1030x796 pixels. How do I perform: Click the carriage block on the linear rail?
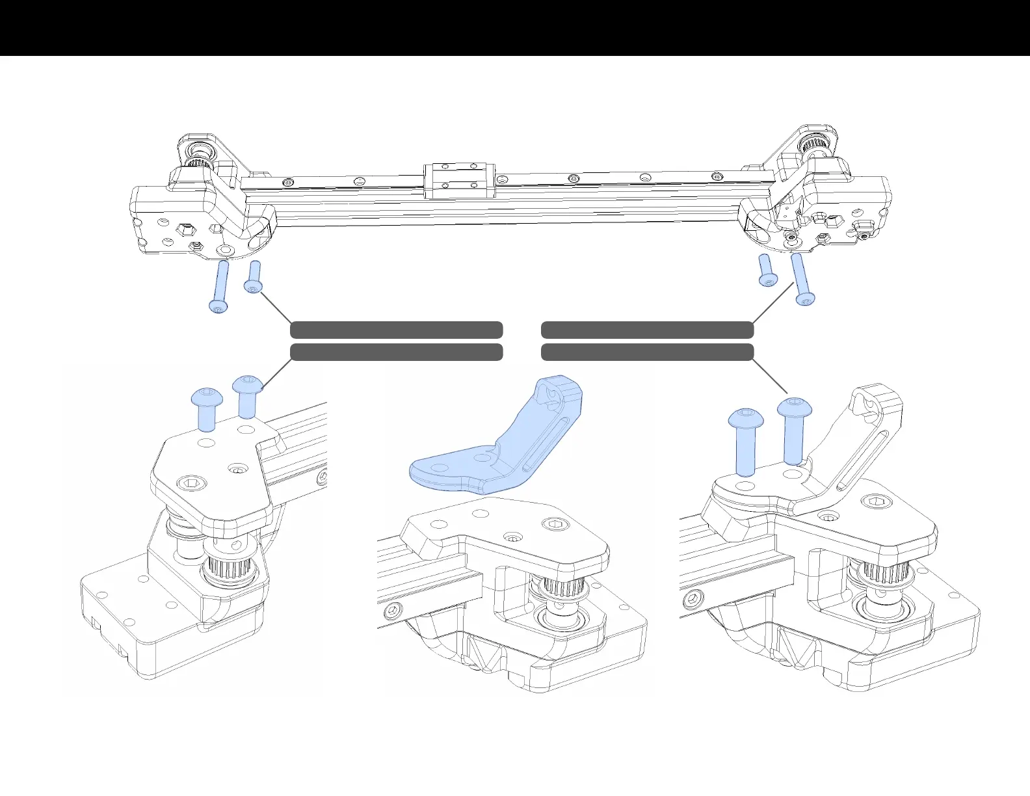pyautogui.click(x=458, y=180)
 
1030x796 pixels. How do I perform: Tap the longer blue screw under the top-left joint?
pyautogui.click(x=220, y=286)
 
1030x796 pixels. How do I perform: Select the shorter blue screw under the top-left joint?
pyautogui.click(x=254, y=277)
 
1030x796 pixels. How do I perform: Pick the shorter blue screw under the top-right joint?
pyautogui.click(x=766, y=270)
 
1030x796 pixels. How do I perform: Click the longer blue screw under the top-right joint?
pyautogui.click(x=801, y=279)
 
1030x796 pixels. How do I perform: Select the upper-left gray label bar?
pyautogui.click(x=396, y=330)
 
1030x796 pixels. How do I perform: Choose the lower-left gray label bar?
pyautogui.click(x=396, y=352)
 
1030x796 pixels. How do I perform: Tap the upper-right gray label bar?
pyautogui.click(x=647, y=330)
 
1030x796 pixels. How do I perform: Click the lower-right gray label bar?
pyautogui.click(x=647, y=352)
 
